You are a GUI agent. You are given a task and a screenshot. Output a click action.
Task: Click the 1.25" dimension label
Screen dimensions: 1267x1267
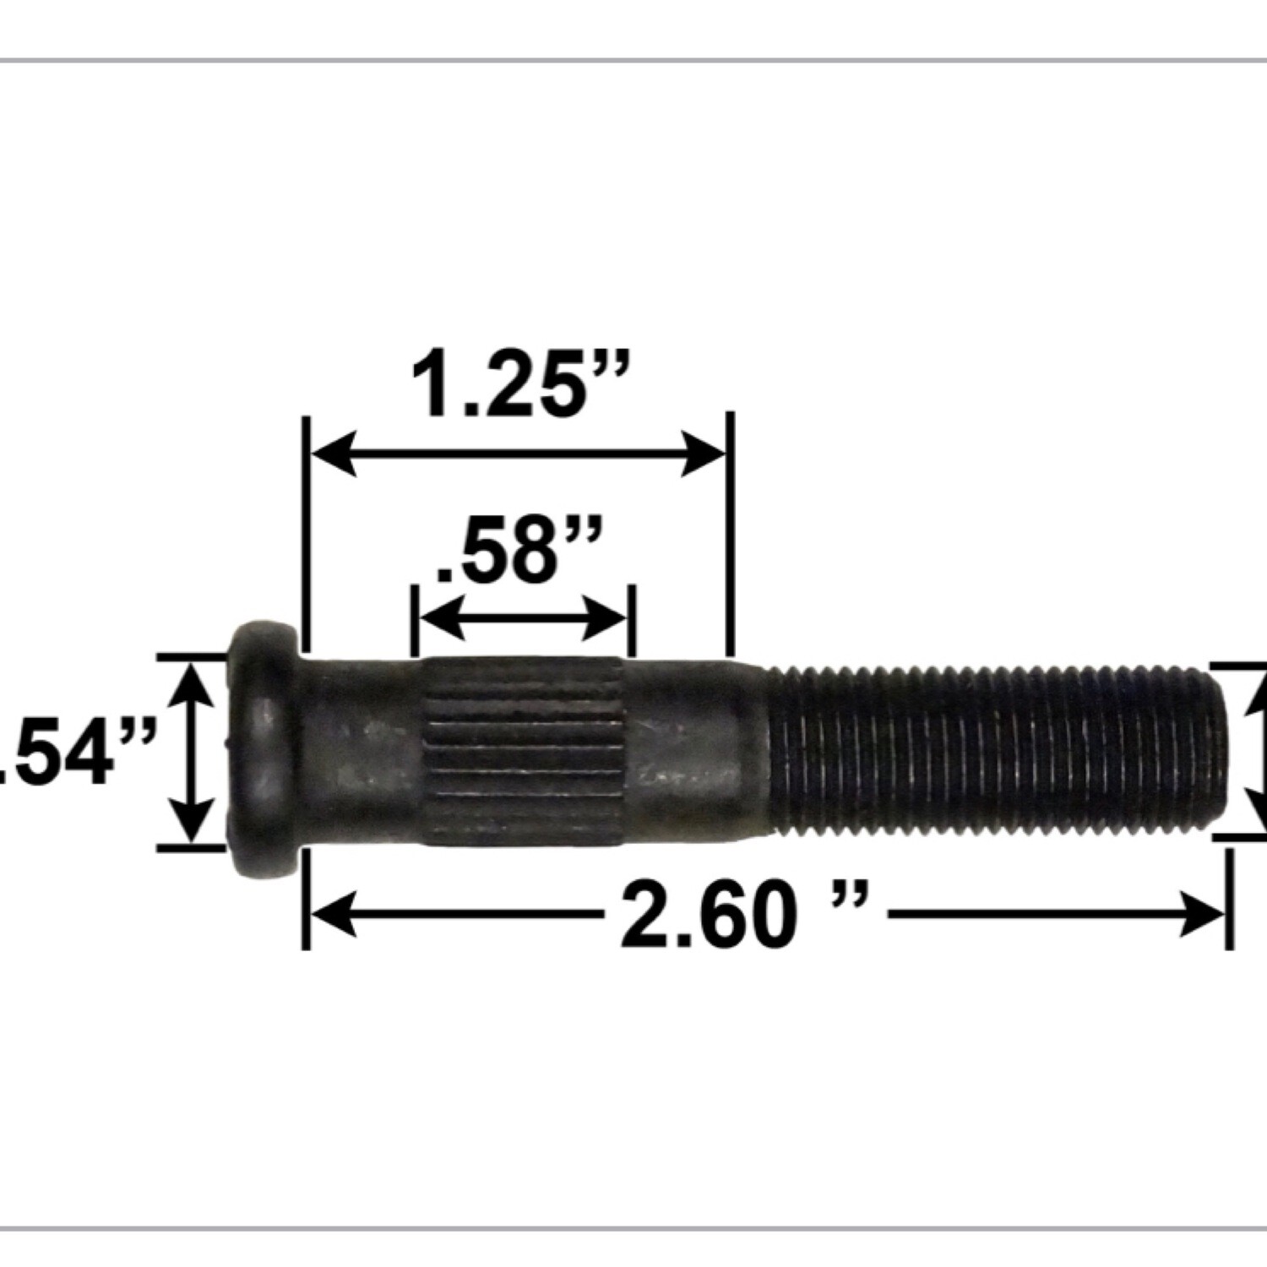tap(520, 388)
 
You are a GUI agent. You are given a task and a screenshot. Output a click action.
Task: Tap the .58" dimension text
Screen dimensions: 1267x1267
tap(519, 552)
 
